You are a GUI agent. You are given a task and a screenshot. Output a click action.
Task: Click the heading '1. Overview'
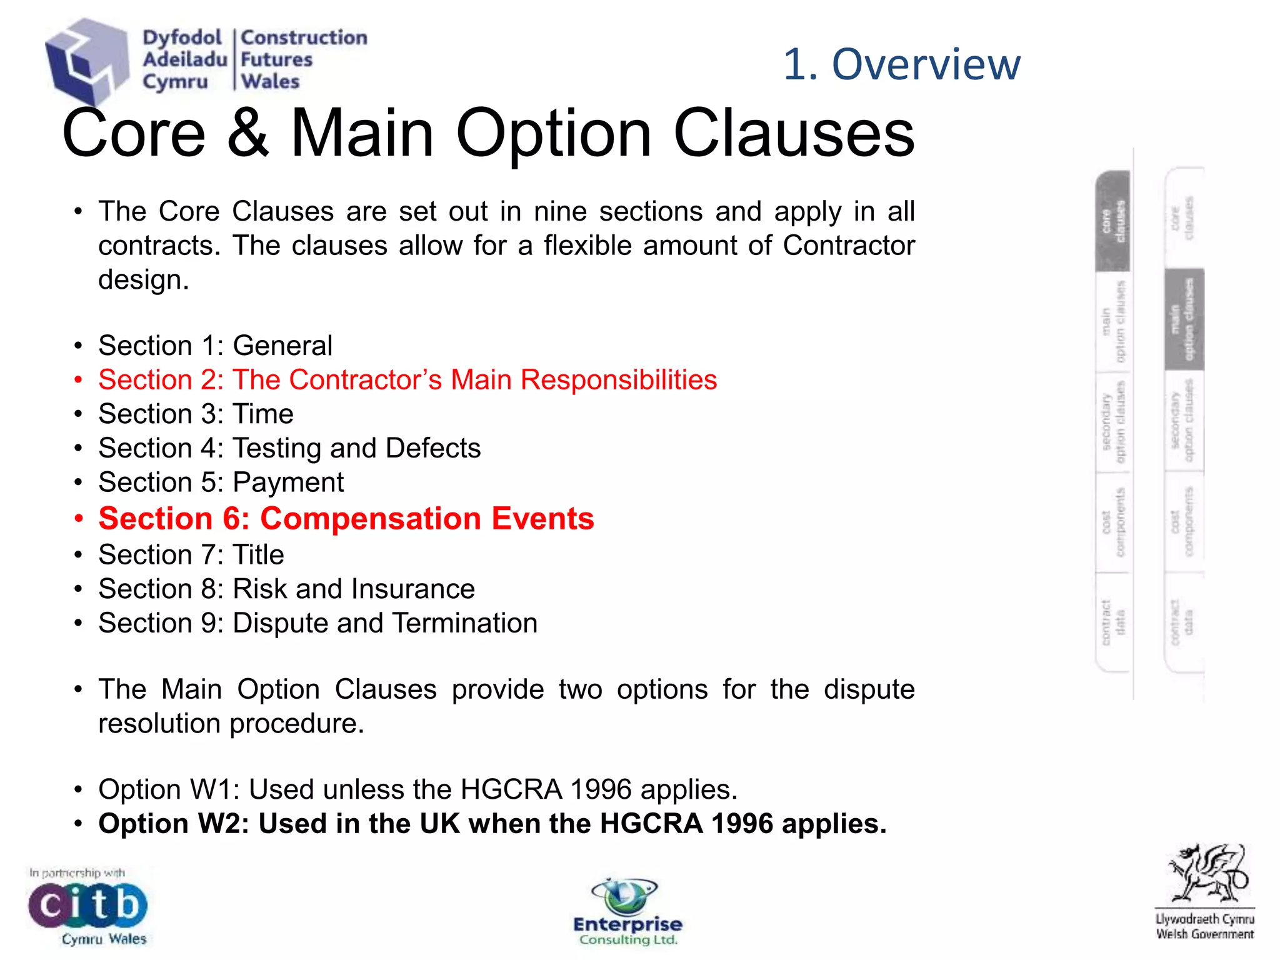pyautogui.click(x=901, y=64)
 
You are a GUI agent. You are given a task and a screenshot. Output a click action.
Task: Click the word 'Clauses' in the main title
pyautogui.click(x=794, y=133)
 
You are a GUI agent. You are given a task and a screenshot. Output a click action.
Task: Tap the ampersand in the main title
pyautogui.click(x=248, y=133)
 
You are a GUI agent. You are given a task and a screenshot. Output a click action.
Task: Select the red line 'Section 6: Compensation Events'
pyautogui.click(x=346, y=519)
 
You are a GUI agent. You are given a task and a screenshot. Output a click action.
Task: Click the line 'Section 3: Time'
pyautogui.click(x=196, y=414)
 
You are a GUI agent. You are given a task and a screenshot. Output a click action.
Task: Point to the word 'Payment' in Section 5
pyautogui.click(x=288, y=482)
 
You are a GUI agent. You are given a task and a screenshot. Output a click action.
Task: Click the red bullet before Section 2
pyautogui.click(x=78, y=380)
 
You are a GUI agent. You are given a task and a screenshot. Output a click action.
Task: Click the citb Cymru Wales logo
pyautogui.click(x=87, y=907)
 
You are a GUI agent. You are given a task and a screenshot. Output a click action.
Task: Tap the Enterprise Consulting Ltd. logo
pyautogui.click(x=627, y=913)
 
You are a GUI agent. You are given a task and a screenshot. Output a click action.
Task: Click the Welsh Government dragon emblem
pyautogui.click(x=1206, y=875)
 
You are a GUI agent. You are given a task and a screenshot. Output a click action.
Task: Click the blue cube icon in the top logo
pyautogui.click(x=86, y=61)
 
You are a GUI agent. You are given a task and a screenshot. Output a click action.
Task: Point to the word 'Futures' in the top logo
pyautogui.click(x=276, y=60)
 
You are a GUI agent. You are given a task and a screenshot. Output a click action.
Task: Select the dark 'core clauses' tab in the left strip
pyautogui.click(x=1112, y=221)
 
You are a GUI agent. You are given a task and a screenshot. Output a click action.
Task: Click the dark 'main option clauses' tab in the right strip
pyautogui.click(x=1184, y=319)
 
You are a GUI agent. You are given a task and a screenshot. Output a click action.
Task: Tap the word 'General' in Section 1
pyautogui.click(x=282, y=346)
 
